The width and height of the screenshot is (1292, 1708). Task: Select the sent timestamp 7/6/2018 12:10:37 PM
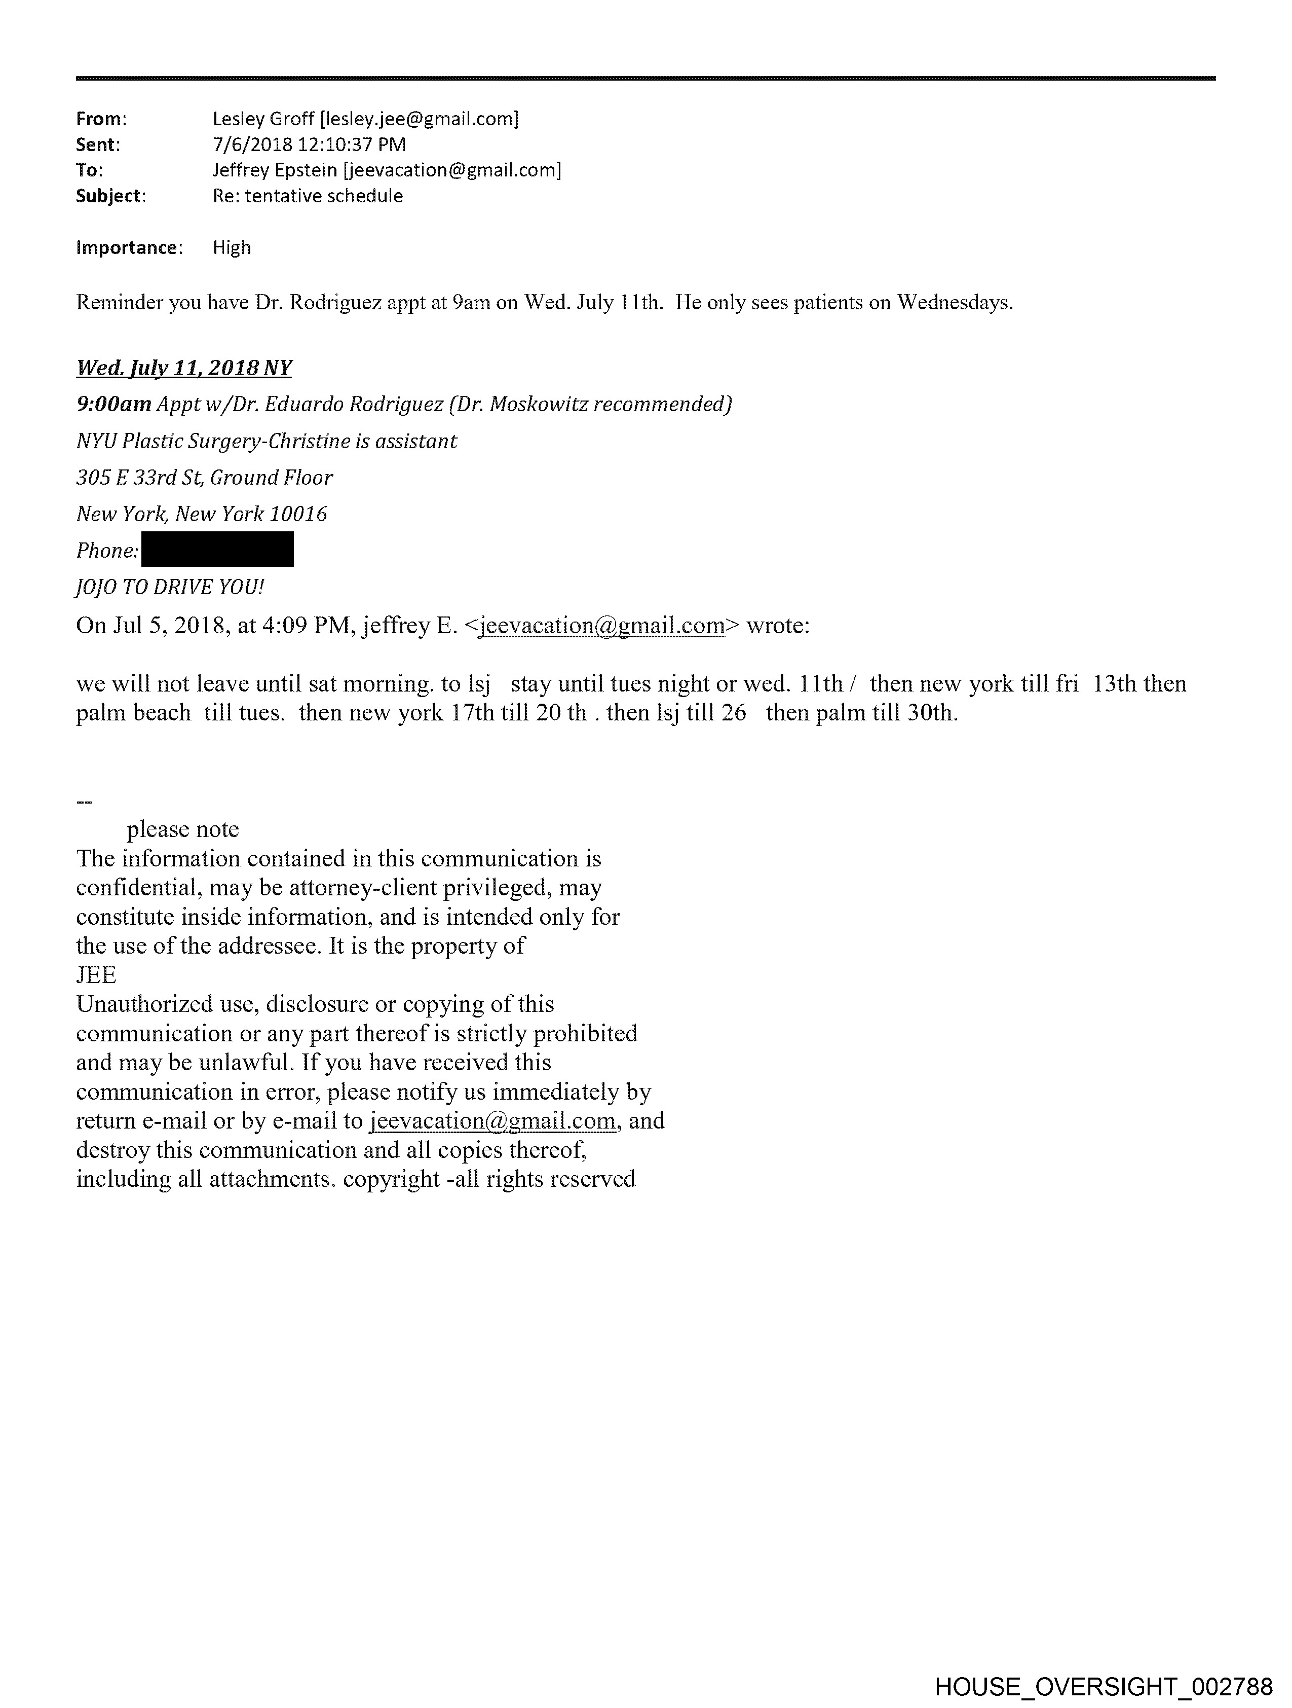pos(309,144)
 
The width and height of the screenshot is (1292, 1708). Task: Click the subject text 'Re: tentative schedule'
pos(308,196)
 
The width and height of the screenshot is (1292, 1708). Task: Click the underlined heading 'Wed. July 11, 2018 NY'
pos(184,368)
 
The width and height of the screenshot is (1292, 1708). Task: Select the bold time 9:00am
pos(113,404)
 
